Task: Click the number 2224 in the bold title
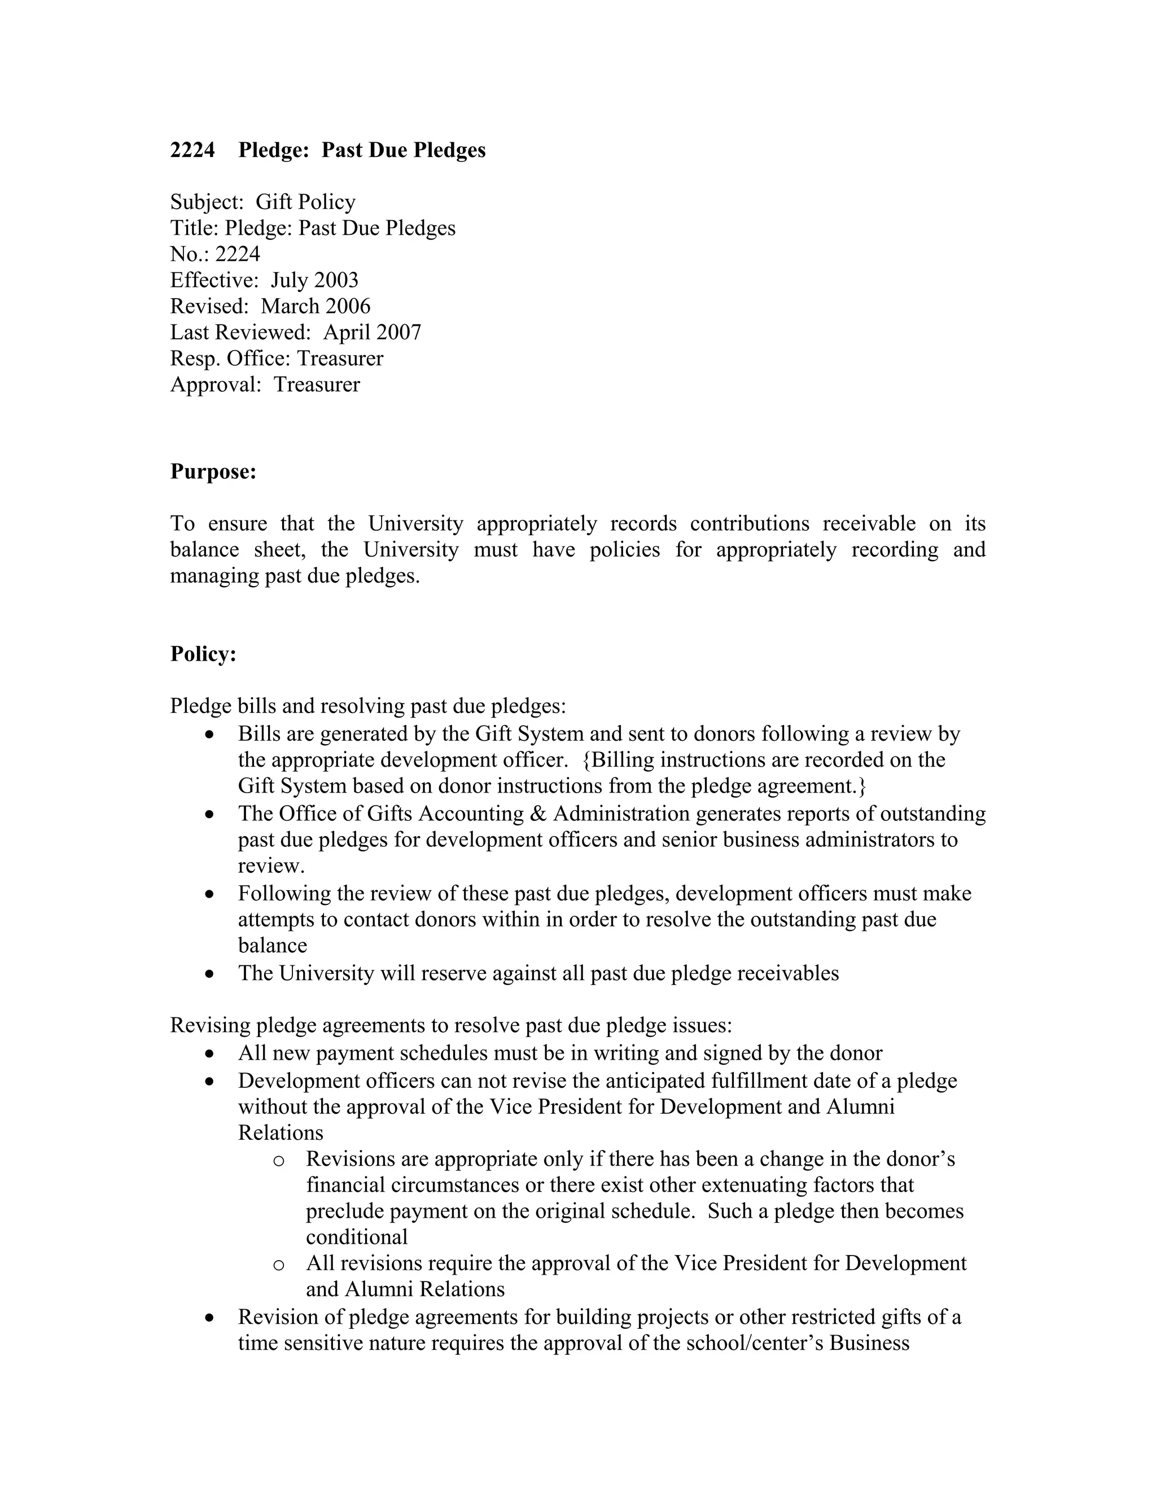coord(192,150)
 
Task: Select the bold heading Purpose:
coord(213,472)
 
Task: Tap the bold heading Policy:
coord(203,654)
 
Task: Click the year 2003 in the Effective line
coord(336,280)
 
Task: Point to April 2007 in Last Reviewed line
coord(372,332)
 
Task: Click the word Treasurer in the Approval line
coord(317,384)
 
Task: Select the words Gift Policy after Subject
coord(305,202)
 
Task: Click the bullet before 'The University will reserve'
coord(209,974)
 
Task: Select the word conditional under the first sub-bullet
coord(356,1237)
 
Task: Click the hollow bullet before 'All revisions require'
coord(278,1265)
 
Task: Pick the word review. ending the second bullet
coord(271,866)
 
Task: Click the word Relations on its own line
coord(280,1132)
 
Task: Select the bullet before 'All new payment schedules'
coord(209,1053)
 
